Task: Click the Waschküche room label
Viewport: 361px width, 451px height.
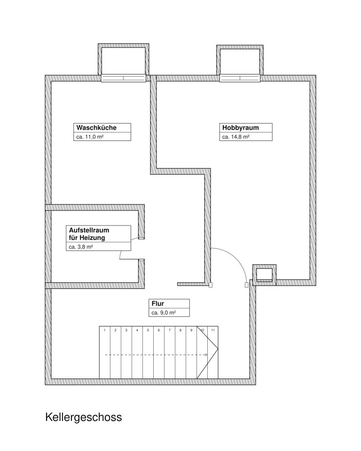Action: (96, 128)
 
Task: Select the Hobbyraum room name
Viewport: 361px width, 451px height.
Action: (240, 128)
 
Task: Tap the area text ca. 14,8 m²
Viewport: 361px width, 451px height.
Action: (236, 137)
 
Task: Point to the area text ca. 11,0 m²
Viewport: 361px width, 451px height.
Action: (90, 137)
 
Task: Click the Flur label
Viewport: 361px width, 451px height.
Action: (158, 303)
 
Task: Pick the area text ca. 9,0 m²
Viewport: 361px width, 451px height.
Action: (164, 313)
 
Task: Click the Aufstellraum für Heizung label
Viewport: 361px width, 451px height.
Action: (89, 234)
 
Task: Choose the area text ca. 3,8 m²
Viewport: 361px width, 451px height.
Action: (81, 247)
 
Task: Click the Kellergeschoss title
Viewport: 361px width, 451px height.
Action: (84, 417)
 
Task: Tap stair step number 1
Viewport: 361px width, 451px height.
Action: (104, 330)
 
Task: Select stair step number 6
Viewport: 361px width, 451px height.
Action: (158, 330)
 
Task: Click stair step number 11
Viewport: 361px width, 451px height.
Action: (213, 330)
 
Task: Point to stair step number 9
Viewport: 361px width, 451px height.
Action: (191, 330)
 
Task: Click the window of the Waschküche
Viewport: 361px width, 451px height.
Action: (124, 78)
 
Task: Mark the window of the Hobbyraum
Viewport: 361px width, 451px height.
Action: (240, 78)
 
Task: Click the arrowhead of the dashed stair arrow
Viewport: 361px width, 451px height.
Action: (206, 355)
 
